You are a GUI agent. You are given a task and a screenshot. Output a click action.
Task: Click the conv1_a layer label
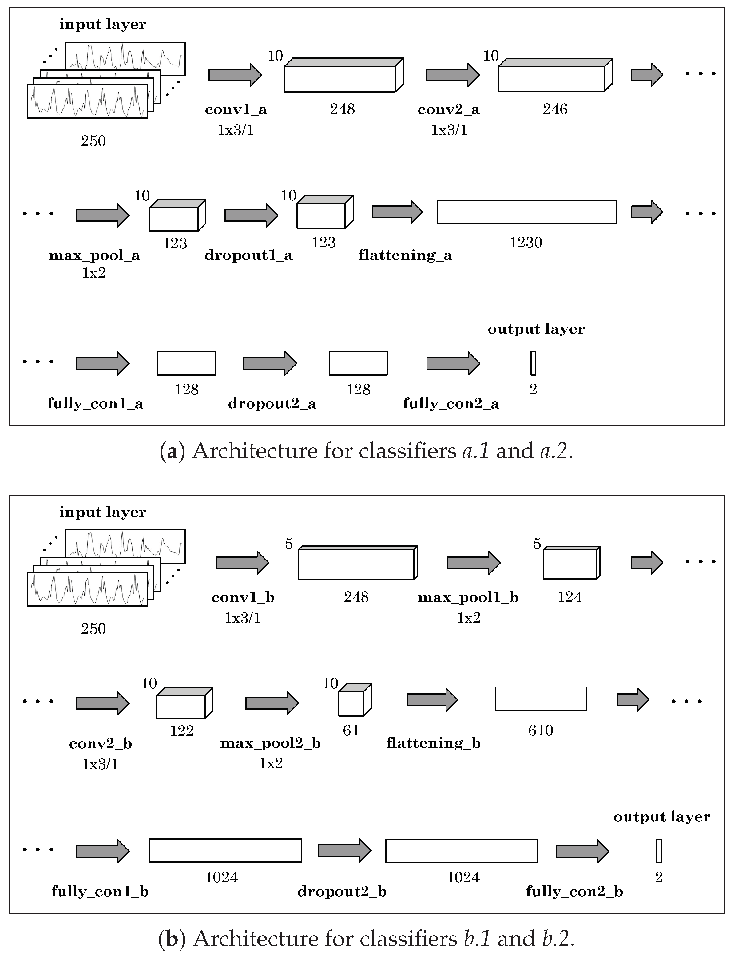tap(236, 110)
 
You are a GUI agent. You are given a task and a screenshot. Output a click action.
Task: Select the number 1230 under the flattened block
tap(526, 243)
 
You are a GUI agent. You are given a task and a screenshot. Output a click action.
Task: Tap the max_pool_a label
tap(94, 255)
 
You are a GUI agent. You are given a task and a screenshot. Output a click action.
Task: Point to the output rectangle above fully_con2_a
tap(533, 363)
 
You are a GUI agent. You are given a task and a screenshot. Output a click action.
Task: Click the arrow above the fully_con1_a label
tap(103, 363)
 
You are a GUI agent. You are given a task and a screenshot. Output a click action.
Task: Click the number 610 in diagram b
tap(541, 730)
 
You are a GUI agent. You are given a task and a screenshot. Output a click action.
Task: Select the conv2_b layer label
tap(101, 744)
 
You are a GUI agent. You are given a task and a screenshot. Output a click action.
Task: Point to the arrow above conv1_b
tap(243, 563)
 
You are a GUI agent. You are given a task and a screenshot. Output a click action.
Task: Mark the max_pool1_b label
tap(468, 598)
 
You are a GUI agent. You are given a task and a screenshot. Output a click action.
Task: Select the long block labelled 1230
tap(527, 212)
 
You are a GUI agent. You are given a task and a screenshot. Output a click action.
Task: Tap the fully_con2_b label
tap(574, 892)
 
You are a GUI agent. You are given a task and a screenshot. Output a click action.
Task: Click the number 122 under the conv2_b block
tap(182, 731)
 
